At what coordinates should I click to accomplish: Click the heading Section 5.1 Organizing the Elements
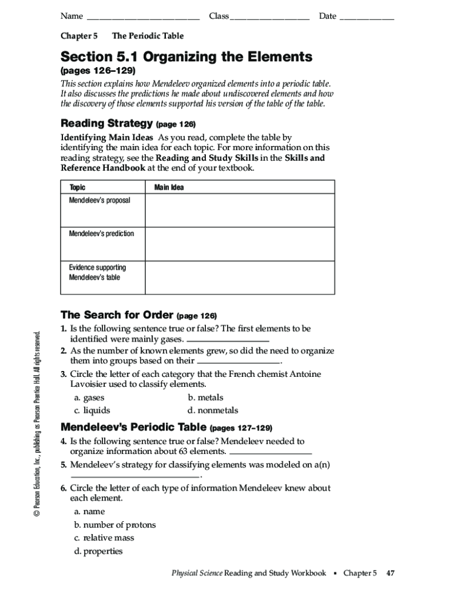186,57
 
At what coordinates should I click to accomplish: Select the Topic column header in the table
77,187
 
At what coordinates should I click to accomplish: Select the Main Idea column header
169,187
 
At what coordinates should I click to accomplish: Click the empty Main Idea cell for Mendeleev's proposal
239,211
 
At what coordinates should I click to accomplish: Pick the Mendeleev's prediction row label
101,234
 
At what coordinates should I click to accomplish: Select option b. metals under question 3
205,397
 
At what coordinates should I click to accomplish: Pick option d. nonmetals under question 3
212,410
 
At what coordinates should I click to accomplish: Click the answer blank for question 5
136,476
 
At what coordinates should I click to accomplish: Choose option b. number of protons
115,525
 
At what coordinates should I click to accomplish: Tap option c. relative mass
104,538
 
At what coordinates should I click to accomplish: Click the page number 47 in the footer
390,573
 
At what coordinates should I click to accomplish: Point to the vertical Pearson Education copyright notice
38,424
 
